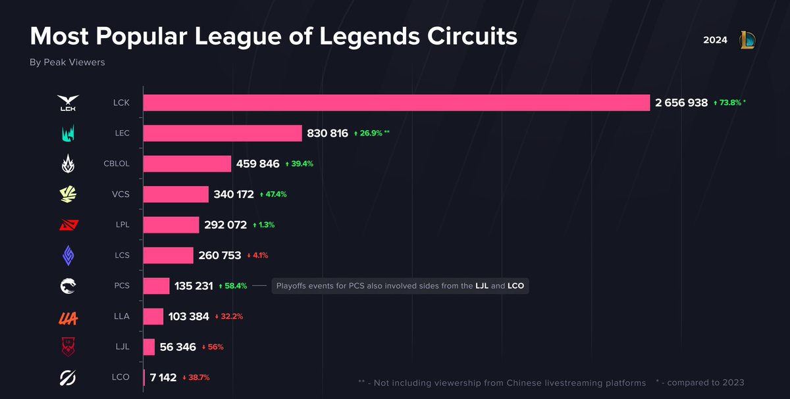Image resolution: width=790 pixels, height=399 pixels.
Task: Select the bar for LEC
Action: pyautogui.click(x=223, y=133)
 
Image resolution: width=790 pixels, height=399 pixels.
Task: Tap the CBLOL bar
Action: pyautogui.click(x=187, y=164)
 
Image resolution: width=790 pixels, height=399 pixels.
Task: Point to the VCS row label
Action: pyautogui.click(x=121, y=194)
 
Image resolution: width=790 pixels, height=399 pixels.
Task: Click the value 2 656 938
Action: pyautogui.click(x=681, y=103)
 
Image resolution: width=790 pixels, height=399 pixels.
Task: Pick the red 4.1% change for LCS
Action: pyautogui.click(x=257, y=255)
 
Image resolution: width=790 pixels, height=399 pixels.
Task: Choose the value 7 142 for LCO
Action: pyautogui.click(x=163, y=377)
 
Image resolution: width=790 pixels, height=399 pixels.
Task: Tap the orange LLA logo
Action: pyautogui.click(x=68, y=317)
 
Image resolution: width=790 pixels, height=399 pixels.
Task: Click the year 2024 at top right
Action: pyautogui.click(x=715, y=40)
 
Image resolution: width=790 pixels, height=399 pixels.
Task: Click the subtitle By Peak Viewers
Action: pyautogui.click(x=67, y=62)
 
